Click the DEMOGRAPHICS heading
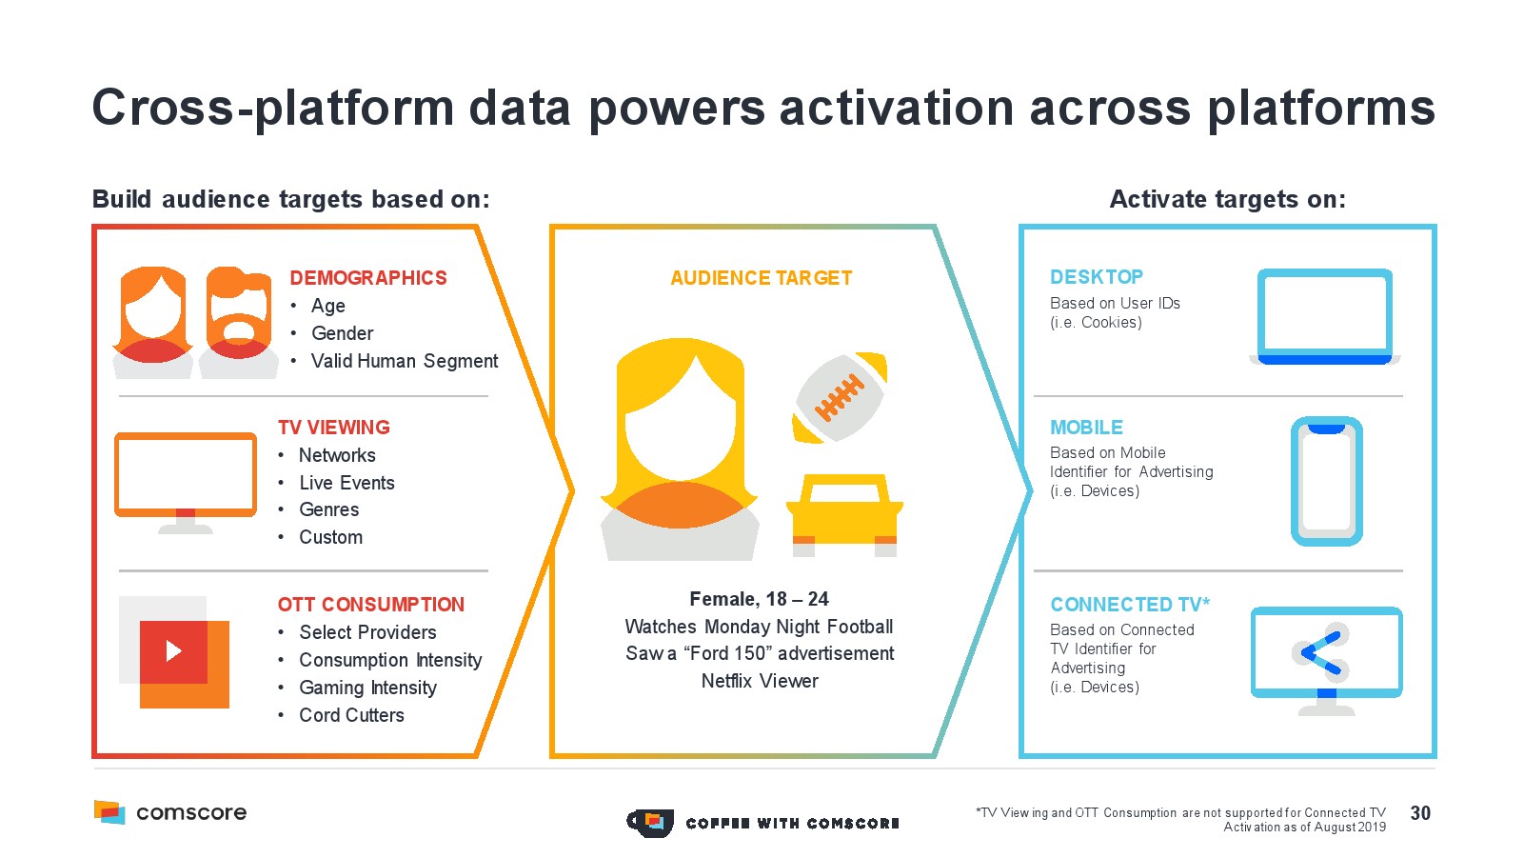pyautogui.click(x=368, y=278)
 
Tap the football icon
pyautogui.click(x=840, y=398)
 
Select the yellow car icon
pyautogui.click(x=844, y=515)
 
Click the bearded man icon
pyautogui.click(x=239, y=323)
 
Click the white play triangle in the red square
pyautogui.click(x=174, y=651)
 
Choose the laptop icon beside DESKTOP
pyautogui.click(x=1325, y=316)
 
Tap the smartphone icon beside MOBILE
pyautogui.click(x=1327, y=481)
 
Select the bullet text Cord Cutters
pyautogui.click(x=351, y=715)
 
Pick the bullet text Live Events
pyautogui.click(x=346, y=483)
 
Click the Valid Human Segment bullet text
pyautogui.click(x=405, y=361)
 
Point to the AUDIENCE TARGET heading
pyautogui.click(x=761, y=278)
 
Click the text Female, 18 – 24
pyautogui.click(x=759, y=599)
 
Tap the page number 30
pyautogui.click(x=1420, y=813)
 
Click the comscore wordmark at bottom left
pyautogui.click(x=191, y=812)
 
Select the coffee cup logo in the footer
pyautogui.click(x=650, y=823)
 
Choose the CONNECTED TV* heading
pyautogui.click(x=1129, y=604)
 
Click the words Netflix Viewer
pyautogui.click(x=760, y=681)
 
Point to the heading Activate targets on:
pyautogui.click(x=1227, y=199)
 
